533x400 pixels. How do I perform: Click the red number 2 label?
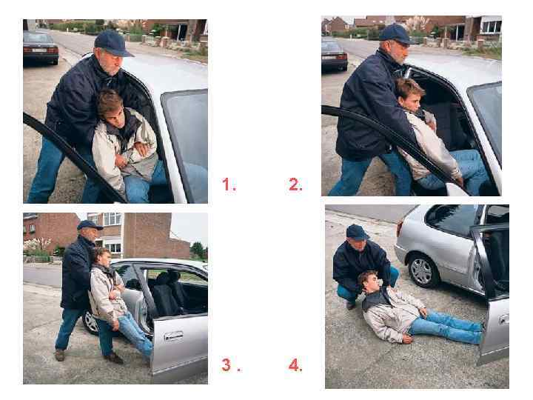295,184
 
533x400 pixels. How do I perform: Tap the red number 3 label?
229,364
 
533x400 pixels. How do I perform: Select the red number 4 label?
295,365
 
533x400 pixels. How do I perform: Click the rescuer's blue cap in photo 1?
113,43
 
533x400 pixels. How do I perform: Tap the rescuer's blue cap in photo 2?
396,34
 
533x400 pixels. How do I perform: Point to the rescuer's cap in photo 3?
89,225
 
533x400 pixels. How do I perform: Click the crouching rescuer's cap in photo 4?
357,233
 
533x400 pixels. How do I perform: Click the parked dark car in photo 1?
41,48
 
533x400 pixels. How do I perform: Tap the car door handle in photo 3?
174,336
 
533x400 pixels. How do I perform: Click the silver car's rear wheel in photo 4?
421,270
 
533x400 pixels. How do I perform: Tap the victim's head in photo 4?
371,281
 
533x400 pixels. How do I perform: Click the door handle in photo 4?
504,319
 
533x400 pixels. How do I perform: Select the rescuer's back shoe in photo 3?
60,355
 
